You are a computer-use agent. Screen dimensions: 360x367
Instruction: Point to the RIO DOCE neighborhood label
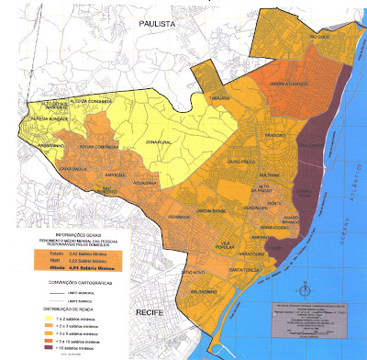tap(318, 37)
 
